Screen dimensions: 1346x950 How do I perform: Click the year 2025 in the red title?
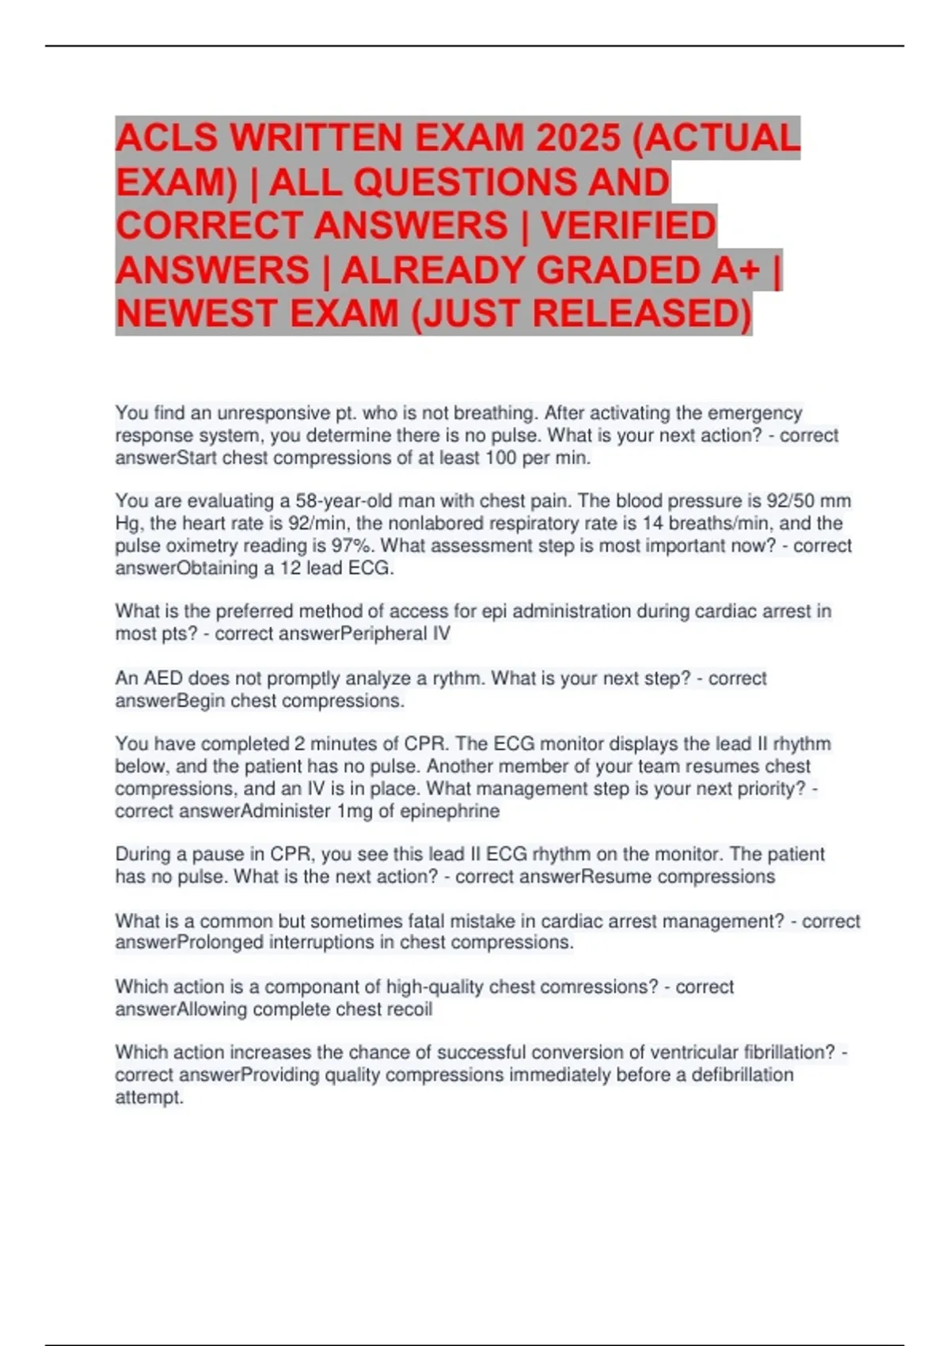tap(578, 138)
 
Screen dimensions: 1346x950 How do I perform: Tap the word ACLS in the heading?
tap(166, 138)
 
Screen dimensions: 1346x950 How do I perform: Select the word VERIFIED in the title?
tap(629, 226)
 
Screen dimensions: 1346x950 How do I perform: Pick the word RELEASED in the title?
tap(641, 314)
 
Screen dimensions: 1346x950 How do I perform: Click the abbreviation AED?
tap(165, 679)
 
